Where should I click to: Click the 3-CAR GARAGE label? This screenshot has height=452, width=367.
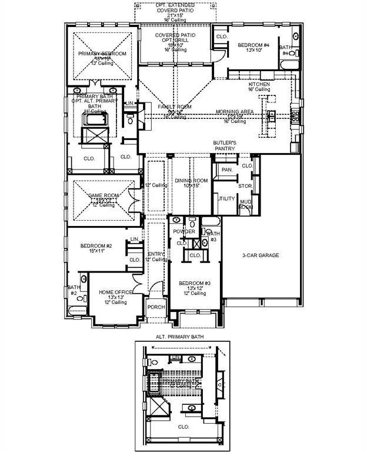261,255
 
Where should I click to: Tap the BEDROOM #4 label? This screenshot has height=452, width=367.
253,45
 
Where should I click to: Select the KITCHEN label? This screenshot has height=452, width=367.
259,85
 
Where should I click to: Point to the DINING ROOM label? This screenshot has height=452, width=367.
192,180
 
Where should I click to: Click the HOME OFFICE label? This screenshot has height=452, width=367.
114,291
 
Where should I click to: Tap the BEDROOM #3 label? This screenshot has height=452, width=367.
194,283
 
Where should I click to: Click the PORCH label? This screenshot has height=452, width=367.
156,307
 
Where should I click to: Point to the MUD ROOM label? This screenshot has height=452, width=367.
246,204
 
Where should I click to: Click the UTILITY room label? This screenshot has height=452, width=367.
226,199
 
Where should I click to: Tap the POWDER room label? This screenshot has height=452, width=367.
184,232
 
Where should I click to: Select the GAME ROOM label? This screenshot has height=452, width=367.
104,195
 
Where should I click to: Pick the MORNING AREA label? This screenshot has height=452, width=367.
235,112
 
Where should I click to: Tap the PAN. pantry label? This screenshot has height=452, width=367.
227,170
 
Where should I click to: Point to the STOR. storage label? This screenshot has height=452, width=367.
245,185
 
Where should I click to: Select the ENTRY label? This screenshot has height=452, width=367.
156,254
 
